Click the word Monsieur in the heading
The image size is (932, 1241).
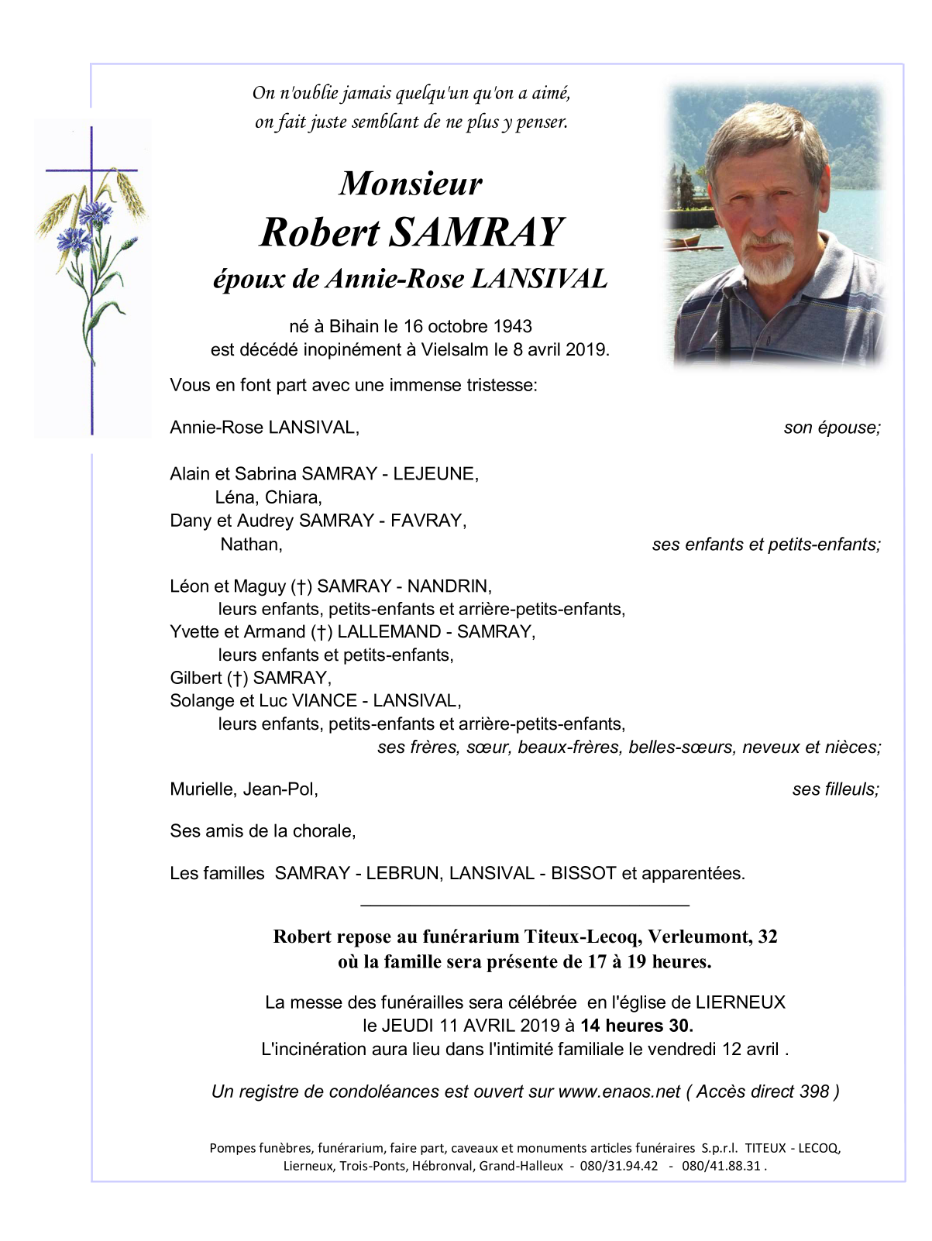click(x=410, y=184)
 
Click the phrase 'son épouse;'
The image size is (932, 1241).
click(x=832, y=428)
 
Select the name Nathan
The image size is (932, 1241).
click(x=251, y=545)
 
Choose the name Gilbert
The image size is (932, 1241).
click(x=195, y=678)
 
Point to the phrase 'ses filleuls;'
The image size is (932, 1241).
click(x=835, y=789)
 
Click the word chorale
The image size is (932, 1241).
click(x=325, y=831)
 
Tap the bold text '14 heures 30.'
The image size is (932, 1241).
click(x=637, y=1026)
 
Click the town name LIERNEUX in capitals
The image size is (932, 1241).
click(x=740, y=1002)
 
